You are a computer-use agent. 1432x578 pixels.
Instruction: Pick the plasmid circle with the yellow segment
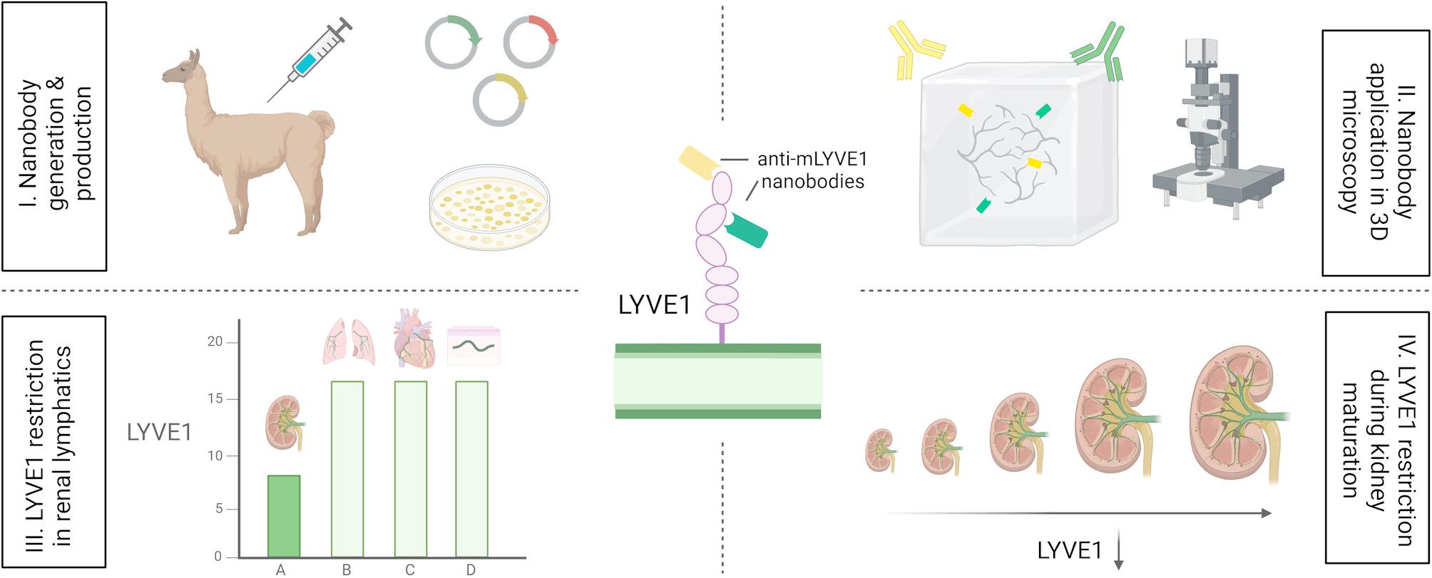tap(500, 99)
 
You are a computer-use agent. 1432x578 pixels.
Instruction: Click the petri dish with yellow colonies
tap(491, 208)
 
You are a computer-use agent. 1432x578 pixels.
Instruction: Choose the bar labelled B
tap(347, 468)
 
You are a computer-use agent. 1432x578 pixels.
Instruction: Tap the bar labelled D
tap(471, 468)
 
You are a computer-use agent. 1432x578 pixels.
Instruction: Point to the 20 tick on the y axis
tap(215, 342)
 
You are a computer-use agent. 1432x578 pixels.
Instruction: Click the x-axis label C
tap(409, 569)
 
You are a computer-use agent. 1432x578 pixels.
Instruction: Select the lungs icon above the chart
tap(349, 341)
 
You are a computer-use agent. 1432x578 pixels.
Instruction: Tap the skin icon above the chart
tap(474, 346)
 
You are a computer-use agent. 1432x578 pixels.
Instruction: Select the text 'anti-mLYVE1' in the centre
tap(812, 158)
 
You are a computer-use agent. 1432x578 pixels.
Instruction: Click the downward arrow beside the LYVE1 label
tap(1118, 549)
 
